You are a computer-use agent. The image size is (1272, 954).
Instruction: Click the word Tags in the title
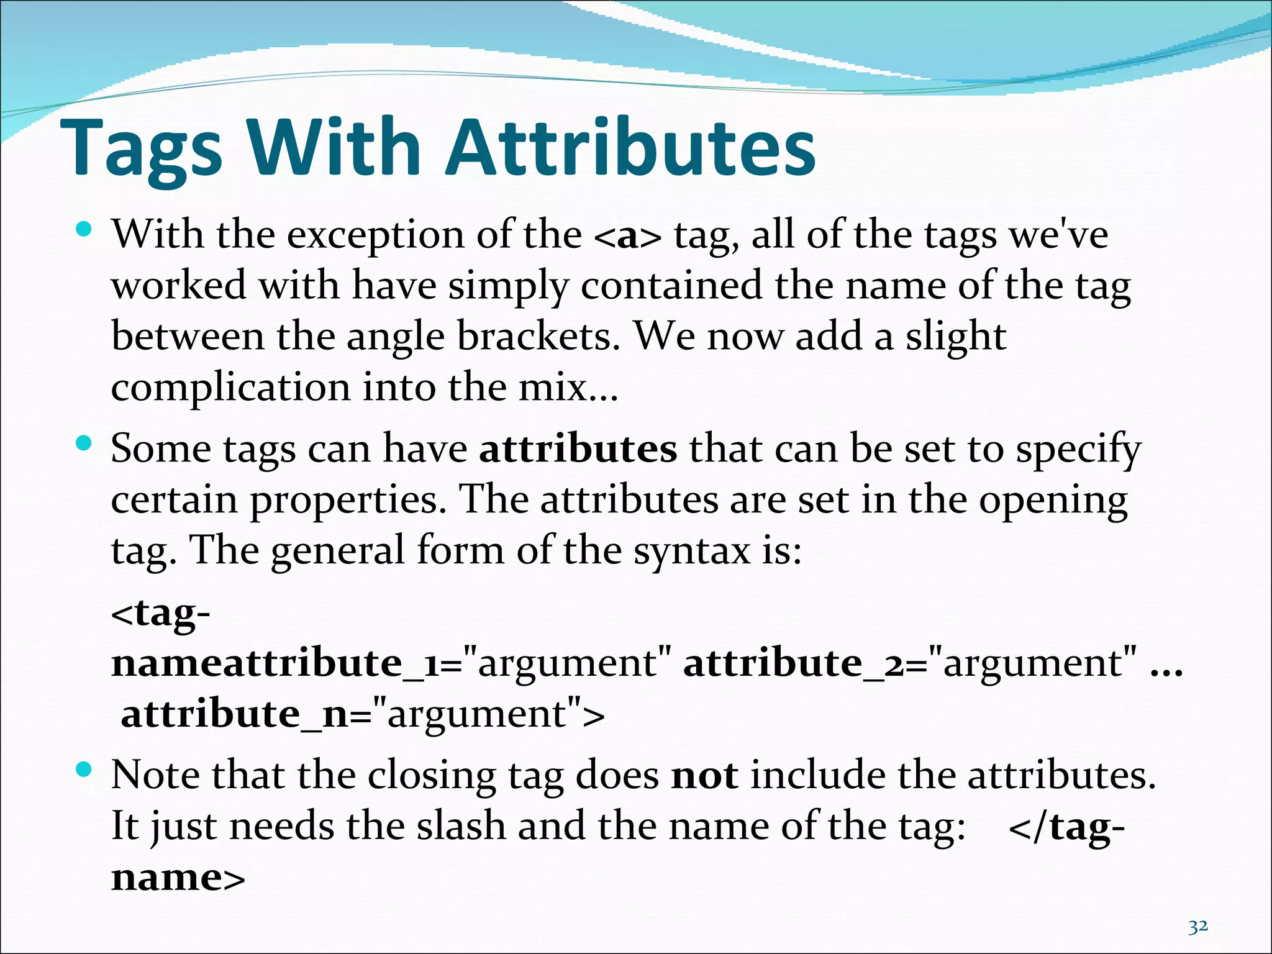(x=142, y=149)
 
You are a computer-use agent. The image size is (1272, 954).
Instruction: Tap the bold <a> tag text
(x=627, y=236)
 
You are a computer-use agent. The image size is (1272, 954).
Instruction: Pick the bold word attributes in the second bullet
(x=578, y=448)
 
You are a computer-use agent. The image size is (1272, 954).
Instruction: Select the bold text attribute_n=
(x=245, y=714)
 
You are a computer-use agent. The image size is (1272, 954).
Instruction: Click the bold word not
(x=704, y=776)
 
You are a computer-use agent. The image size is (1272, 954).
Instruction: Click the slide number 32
(x=1198, y=927)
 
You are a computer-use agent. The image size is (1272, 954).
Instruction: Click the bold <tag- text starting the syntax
(x=161, y=614)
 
